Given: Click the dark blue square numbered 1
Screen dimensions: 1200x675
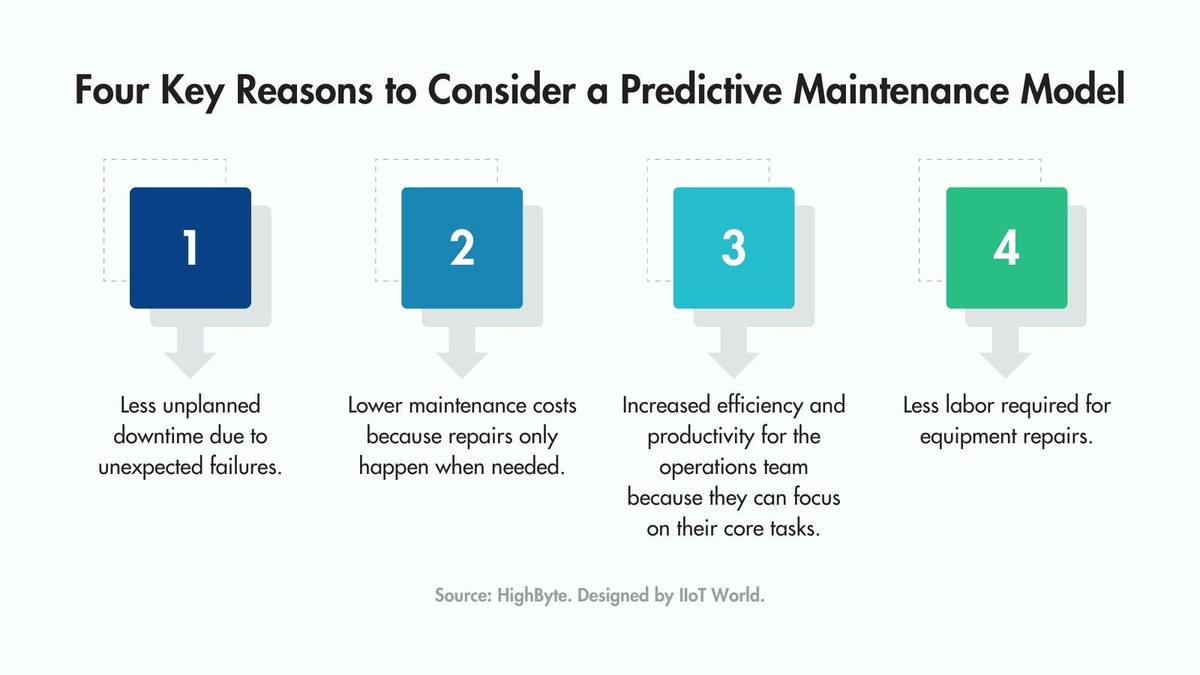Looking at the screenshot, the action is click(190, 248).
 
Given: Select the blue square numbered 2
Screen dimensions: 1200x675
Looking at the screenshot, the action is click(462, 248).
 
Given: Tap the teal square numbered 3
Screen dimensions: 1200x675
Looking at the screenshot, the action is click(733, 248).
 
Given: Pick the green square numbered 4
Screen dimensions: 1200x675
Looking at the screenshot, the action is click(1006, 248).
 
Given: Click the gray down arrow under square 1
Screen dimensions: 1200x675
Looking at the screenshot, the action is click(190, 352).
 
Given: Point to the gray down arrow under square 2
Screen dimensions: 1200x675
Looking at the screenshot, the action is click(462, 352).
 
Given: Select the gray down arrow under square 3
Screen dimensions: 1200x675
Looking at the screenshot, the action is click(733, 352).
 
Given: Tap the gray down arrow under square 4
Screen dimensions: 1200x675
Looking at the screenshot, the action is click(1006, 352).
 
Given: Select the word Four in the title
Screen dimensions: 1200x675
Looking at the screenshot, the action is click(111, 90).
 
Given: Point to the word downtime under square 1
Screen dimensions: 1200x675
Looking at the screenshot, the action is click(158, 436).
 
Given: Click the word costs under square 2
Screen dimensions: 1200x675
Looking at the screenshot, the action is click(554, 406).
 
